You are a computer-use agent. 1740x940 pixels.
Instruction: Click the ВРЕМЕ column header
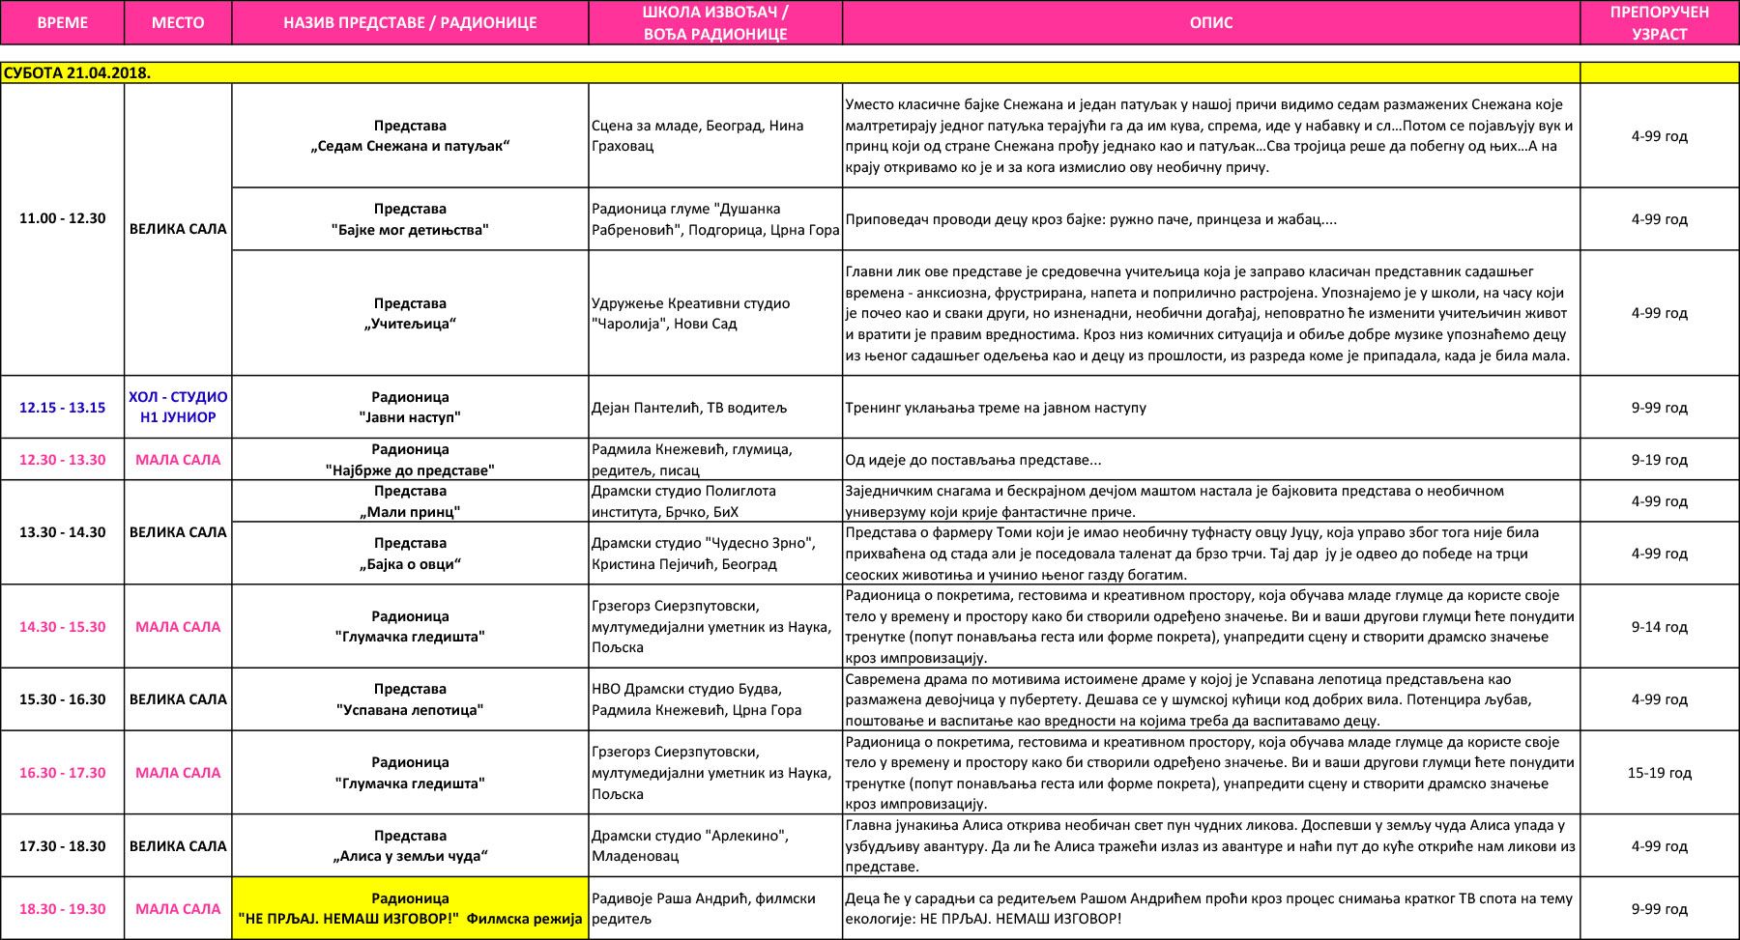pos(62,22)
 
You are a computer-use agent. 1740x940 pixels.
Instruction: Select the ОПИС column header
pos(1210,22)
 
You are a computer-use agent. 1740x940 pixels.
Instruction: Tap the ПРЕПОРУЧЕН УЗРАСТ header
pos(1659,22)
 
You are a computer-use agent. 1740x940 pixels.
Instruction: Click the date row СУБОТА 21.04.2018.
pos(77,73)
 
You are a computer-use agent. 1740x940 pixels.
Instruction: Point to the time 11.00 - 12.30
pos(62,218)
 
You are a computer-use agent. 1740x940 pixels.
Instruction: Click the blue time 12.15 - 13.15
pos(62,408)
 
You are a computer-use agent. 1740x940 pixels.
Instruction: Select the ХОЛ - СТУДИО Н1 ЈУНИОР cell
pos(178,408)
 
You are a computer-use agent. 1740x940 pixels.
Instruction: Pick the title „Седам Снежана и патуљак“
pos(410,146)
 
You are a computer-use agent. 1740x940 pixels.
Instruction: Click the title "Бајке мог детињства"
pos(410,230)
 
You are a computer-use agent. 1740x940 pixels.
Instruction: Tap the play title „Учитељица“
pos(410,324)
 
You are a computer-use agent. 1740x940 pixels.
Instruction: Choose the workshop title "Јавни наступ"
pos(410,417)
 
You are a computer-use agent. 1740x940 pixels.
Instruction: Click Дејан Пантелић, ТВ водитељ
pos(689,408)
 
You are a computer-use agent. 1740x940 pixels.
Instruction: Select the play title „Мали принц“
pos(410,512)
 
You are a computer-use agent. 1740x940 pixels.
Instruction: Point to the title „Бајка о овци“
pos(410,564)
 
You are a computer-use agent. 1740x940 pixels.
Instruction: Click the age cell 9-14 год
pos(1659,627)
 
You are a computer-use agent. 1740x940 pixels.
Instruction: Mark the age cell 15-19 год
pos(1659,773)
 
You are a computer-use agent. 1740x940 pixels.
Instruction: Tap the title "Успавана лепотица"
pos(410,710)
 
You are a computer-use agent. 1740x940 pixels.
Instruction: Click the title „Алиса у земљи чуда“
pos(410,856)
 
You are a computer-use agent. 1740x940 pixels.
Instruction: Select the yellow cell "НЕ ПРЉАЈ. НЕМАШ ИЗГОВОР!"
pos(410,919)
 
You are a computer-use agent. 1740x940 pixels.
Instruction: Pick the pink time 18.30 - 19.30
pos(62,909)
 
